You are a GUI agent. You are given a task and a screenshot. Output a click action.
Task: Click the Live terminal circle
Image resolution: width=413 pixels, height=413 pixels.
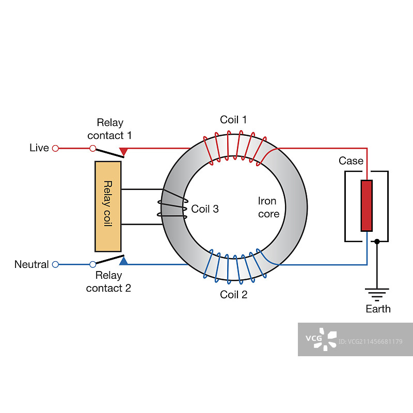click(x=56, y=148)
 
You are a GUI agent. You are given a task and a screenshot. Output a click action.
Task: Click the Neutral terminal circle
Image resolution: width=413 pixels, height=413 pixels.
click(x=56, y=264)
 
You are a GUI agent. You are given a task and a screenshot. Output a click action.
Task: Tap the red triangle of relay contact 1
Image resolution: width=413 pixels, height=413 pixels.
click(x=123, y=151)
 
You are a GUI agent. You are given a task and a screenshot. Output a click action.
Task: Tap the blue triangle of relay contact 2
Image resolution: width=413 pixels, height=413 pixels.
click(x=123, y=261)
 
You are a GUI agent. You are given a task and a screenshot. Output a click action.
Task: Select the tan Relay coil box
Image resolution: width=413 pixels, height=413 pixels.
click(x=108, y=206)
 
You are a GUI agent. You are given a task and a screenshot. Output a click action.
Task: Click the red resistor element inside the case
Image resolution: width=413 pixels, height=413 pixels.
click(x=367, y=205)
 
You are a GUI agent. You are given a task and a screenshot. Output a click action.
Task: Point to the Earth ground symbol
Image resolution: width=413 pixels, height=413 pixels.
click(x=377, y=294)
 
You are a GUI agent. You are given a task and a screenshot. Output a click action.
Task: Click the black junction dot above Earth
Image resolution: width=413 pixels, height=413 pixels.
click(x=377, y=241)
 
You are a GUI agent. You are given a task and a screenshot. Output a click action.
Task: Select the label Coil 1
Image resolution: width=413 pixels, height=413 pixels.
click(x=233, y=120)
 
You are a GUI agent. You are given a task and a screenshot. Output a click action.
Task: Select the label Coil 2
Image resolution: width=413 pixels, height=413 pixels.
click(x=233, y=295)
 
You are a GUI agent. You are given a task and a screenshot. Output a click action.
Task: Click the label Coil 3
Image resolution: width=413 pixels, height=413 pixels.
click(x=205, y=209)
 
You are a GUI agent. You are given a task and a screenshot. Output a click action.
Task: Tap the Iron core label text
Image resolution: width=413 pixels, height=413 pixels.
click(x=268, y=207)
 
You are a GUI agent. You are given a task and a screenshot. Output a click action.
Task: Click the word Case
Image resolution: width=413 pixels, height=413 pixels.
click(x=351, y=161)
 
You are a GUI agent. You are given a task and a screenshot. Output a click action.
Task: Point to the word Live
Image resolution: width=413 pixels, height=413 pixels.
click(x=39, y=148)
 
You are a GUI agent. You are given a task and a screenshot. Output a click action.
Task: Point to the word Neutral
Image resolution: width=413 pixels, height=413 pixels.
click(x=31, y=264)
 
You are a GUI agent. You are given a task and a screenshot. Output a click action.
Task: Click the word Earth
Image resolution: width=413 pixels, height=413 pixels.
click(x=378, y=309)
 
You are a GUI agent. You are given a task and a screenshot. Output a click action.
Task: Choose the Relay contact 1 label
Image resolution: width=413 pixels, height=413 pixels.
click(x=109, y=129)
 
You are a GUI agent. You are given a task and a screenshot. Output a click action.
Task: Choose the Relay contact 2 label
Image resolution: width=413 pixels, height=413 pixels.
click(x=108, y=282)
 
